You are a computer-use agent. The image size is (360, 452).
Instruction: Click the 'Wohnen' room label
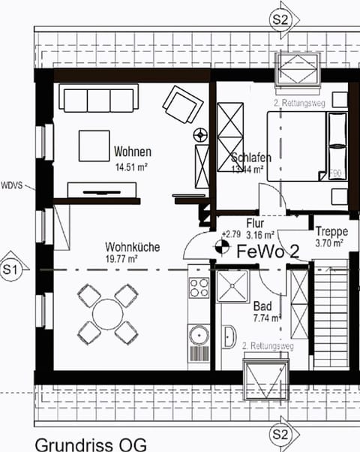(133, 152)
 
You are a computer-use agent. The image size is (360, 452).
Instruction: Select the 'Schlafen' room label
(250, 158)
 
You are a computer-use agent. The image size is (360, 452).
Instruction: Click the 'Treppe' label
(329, 231)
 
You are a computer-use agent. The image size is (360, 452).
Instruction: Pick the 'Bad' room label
(262, 306)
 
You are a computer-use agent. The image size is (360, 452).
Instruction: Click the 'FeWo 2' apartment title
(268, 252)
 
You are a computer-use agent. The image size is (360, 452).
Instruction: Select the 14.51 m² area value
(132, 166)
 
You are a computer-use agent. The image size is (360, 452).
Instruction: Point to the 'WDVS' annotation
(13, 183)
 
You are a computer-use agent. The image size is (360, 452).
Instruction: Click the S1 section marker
(11, 268)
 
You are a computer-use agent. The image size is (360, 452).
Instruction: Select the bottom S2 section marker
(280, 434)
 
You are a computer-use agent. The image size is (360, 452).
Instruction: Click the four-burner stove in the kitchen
(199, 287)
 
